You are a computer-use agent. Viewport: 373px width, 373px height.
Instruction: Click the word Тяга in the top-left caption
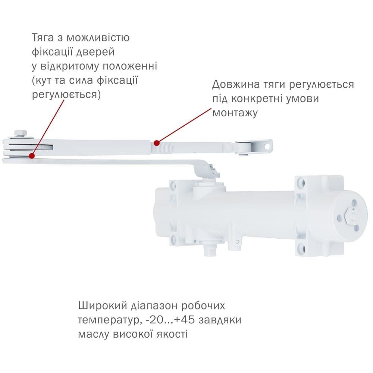point(43,38)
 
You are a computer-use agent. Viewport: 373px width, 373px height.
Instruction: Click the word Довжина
point(236,84)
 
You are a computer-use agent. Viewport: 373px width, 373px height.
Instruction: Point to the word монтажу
point(235,113)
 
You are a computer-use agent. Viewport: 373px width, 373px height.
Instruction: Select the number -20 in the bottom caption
point(155,320)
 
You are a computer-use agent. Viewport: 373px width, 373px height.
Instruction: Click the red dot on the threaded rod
point(157,143)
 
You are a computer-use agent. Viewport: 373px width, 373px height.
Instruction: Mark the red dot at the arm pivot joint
point(31,156)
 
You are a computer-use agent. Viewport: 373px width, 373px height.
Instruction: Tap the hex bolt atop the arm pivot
point(21,133)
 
